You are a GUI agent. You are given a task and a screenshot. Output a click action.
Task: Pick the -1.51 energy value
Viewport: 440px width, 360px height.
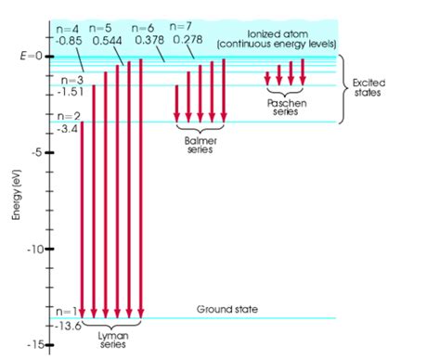point(71,92)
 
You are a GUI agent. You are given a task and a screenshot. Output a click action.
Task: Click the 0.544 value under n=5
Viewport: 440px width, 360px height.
point(107,40)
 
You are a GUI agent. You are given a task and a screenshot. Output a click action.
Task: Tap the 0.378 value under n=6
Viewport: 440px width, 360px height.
point(148,40)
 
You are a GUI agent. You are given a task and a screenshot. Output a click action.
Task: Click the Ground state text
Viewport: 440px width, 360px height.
point(227,308)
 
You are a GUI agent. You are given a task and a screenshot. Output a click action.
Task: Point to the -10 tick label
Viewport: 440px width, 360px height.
point(35,249)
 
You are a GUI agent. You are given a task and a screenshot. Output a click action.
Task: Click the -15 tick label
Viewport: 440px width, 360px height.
point(35,345)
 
